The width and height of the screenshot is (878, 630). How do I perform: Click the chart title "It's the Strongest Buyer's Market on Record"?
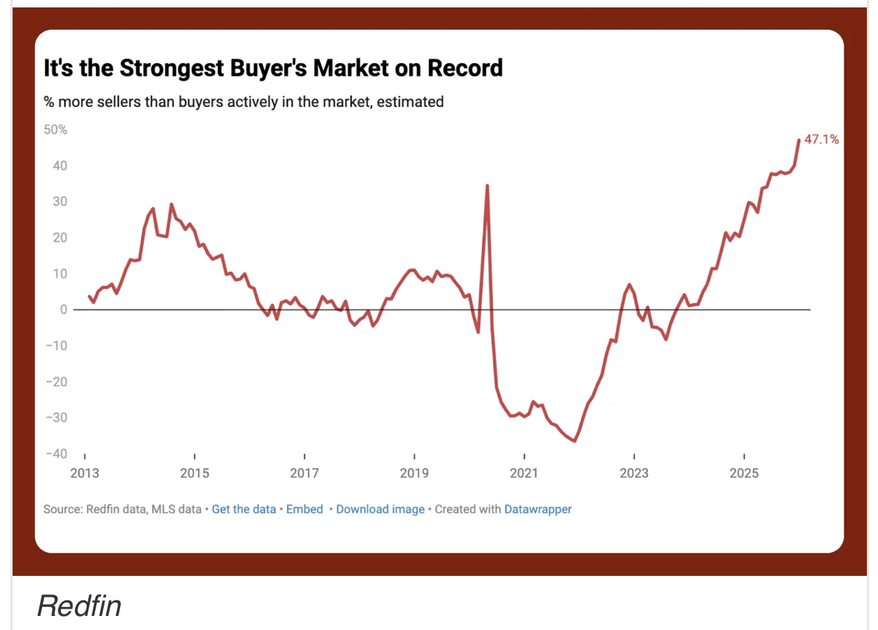[273, 68]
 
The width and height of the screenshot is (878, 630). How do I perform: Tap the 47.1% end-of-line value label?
[822, 139]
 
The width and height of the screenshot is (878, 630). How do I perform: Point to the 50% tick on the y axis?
[56, 130]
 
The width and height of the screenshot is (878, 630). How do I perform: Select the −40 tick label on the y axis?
[56, 454]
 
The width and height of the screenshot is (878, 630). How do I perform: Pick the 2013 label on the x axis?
[84, 473]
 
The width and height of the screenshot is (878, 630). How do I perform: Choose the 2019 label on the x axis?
[414, 473]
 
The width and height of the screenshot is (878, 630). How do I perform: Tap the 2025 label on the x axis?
[744, 473]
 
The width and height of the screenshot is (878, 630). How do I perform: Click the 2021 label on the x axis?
[524, 473]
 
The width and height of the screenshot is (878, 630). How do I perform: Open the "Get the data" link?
[244, 509]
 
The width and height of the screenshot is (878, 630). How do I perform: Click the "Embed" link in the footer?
[305, 509]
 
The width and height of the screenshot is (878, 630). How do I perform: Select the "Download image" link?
[380, 509]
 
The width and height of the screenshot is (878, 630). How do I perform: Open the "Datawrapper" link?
[538, 509]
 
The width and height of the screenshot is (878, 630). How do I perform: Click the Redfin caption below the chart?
[79, 606]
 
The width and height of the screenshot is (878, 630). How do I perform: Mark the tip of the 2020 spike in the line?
[487, 185]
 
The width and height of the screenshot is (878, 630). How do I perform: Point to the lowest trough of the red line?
[575, 441]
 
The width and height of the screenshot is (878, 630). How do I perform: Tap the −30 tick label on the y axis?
[56, 417]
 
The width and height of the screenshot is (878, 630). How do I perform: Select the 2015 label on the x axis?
[194, 473]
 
